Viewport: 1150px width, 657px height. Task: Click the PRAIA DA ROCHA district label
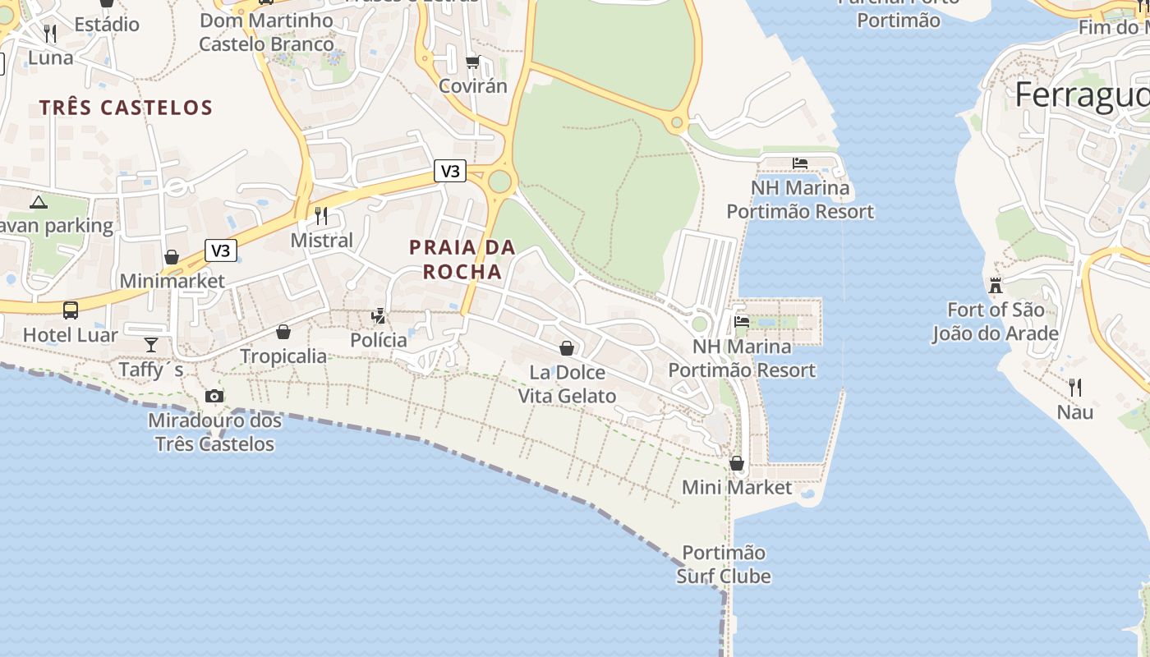[x=462, y=259]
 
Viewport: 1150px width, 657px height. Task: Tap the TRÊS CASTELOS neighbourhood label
[x=126, y=108]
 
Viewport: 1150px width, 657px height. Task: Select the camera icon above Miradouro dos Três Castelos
[x=214, y=396]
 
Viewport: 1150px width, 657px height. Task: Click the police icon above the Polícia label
[x=379, y=315]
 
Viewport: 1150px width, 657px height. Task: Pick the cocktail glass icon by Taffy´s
[x=151, y=343]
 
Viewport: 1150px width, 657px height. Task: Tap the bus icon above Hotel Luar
[x=71, y=310]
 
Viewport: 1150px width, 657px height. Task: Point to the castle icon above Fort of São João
[x=996, y=285]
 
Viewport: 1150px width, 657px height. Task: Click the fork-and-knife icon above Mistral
[x=321, y=216]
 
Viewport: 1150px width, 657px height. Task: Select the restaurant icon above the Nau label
[x=1074, y=387]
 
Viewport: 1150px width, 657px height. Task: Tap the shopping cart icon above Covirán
[x=472, y=62]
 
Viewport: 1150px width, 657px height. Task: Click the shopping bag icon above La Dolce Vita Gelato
[x=567, y=348]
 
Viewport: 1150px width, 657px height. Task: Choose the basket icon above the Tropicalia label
[x=283, y=332]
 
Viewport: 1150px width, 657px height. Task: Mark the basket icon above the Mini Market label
[x=737, y=463]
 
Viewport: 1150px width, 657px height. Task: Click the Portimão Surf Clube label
[x=724, y=564]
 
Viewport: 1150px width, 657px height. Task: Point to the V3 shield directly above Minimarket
[x=221, y=250]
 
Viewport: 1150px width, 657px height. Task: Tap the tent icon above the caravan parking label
[x=39, y=202]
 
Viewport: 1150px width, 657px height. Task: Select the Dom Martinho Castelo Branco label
[x=267, y=32]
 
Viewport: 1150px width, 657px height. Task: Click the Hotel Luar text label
[x=71, y=335]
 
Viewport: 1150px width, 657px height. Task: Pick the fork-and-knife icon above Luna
[x=50, y=34]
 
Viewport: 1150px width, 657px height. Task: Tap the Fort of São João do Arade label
[x=995, y=322]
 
